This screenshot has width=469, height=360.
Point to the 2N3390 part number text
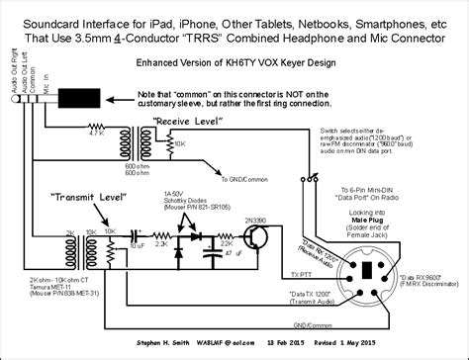coord(253,206)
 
